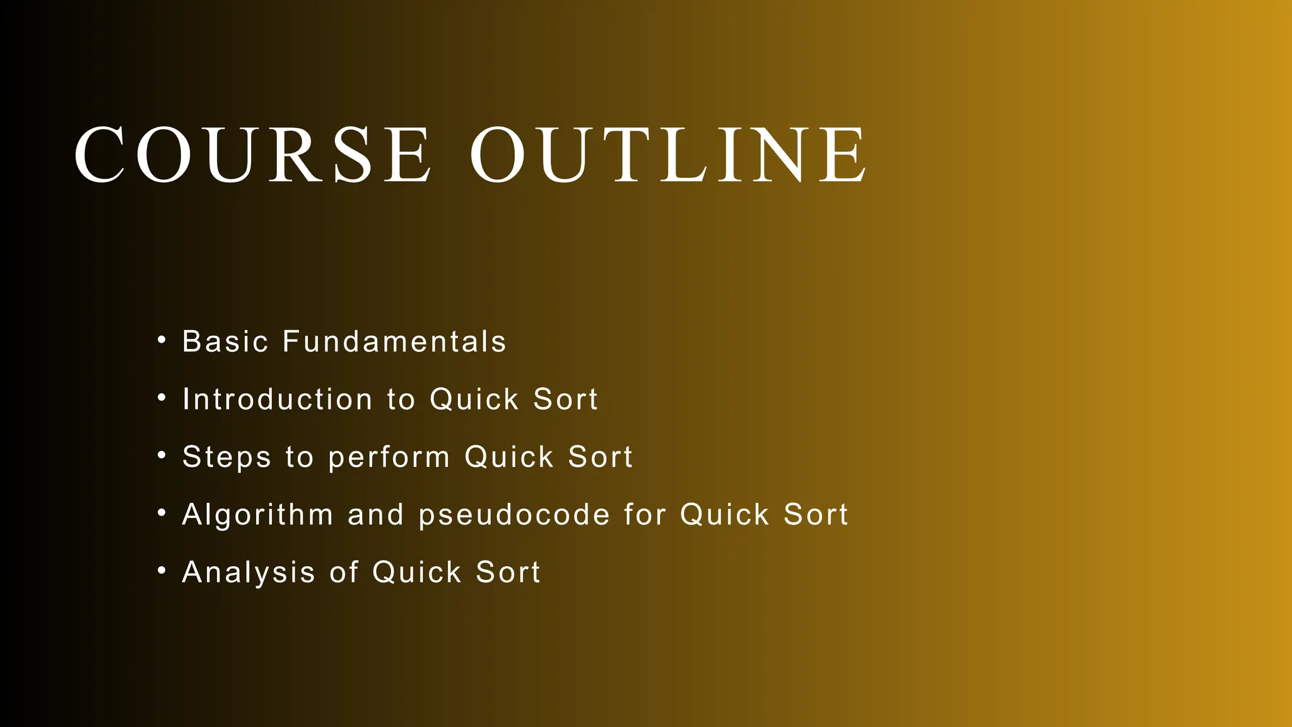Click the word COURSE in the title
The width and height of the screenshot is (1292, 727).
[x=252, y=155]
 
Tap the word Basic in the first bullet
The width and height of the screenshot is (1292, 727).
[x=225, y=341]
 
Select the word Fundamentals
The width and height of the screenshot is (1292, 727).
[x=394, y=341]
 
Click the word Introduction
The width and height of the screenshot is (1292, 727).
[x=278, y=399]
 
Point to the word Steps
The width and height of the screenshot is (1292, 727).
[x=226, y=457]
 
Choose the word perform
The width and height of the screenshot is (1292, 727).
[x=389, y=457]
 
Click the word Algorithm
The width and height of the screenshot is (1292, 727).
[x=257, y=515]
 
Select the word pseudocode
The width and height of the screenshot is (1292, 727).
[x=514, y=515]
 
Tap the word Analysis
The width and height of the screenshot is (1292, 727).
[x=249, y=572]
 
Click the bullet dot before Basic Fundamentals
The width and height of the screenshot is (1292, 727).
[x=162, y=340]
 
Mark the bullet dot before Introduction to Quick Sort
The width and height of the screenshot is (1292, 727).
[x=162, y=398]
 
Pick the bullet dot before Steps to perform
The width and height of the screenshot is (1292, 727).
[x=162, y=456]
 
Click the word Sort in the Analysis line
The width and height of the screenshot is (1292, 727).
[x=508, y=572]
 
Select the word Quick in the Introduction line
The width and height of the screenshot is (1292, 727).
[x=474, y=399]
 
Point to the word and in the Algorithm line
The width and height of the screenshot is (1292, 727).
[x=375, y=515]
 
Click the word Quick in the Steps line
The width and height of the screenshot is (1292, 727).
[x=509, y=457]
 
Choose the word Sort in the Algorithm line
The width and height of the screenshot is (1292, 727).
[x=816, y=515]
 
